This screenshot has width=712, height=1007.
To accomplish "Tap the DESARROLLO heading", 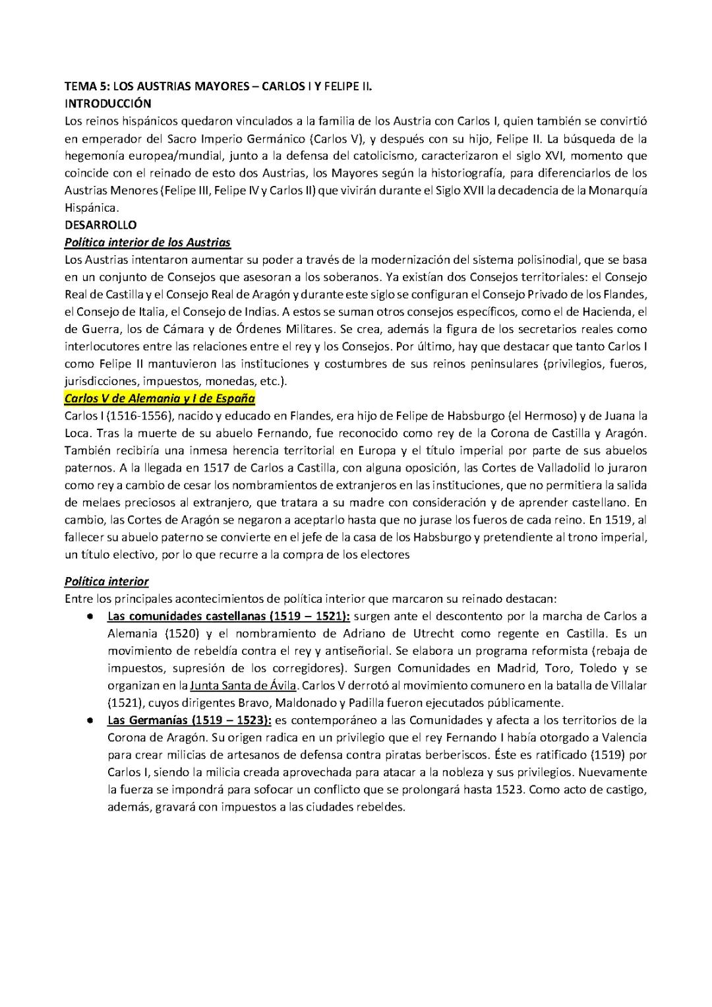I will [100, 225].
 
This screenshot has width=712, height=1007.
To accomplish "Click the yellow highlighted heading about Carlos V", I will [160, 399].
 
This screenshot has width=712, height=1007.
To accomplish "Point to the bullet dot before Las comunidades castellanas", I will [88, 617].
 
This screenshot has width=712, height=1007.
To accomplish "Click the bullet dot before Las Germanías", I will [88, 720].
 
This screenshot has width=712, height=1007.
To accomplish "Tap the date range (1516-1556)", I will [131, 417].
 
